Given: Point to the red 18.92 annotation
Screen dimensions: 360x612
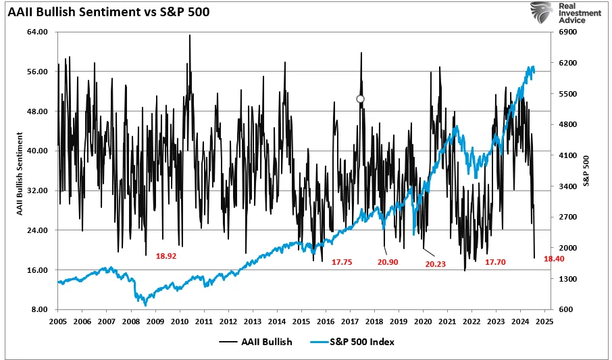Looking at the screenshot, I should coord(166,257).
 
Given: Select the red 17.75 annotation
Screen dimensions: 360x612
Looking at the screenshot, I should coord(342,262).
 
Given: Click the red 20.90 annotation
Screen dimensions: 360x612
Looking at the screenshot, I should coord(388,262).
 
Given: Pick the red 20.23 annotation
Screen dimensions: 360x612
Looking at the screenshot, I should coord(435,264).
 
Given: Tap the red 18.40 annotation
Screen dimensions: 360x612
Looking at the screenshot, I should coord(563,259).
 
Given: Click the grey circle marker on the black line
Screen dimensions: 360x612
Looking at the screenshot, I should coord(360,99).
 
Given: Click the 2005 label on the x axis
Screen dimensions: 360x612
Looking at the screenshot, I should coord(57,322).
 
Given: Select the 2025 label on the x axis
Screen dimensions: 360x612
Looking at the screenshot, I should coord(544,322).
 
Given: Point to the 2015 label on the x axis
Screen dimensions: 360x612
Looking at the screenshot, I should coord(301,322).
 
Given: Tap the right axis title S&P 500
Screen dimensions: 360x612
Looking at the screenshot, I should coord(586,171).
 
